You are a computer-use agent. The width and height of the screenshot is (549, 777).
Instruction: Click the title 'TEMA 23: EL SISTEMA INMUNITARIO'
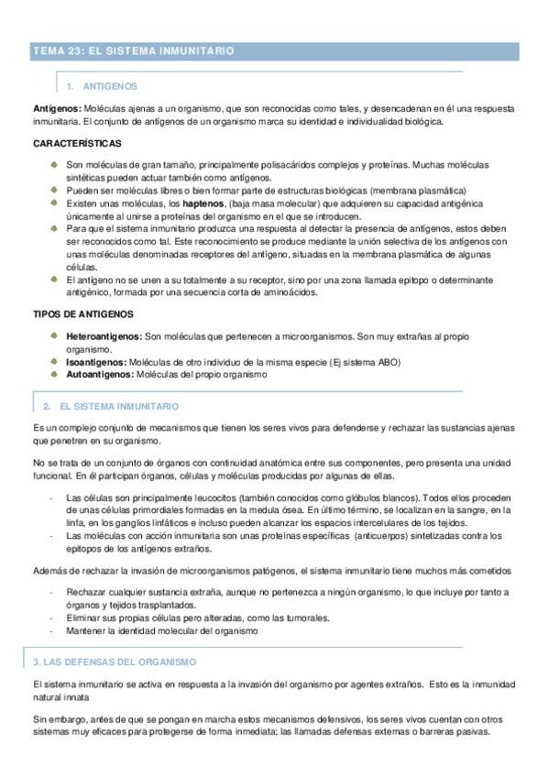[x=134, y=51]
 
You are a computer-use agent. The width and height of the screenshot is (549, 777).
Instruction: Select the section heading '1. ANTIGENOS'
[x=104, y=86]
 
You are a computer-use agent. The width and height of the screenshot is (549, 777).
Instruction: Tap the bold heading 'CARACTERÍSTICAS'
[x=78, y=144]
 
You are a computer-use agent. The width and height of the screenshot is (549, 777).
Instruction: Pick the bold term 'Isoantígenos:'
[x=96, y=362]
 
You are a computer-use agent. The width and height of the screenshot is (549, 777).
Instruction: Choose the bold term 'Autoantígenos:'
[x=100, y=374]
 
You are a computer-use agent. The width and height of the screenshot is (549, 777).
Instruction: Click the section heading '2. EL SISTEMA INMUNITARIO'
[x=112, y=405]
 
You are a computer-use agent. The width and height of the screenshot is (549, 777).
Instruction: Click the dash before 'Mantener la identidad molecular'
[x=52, y=630]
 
